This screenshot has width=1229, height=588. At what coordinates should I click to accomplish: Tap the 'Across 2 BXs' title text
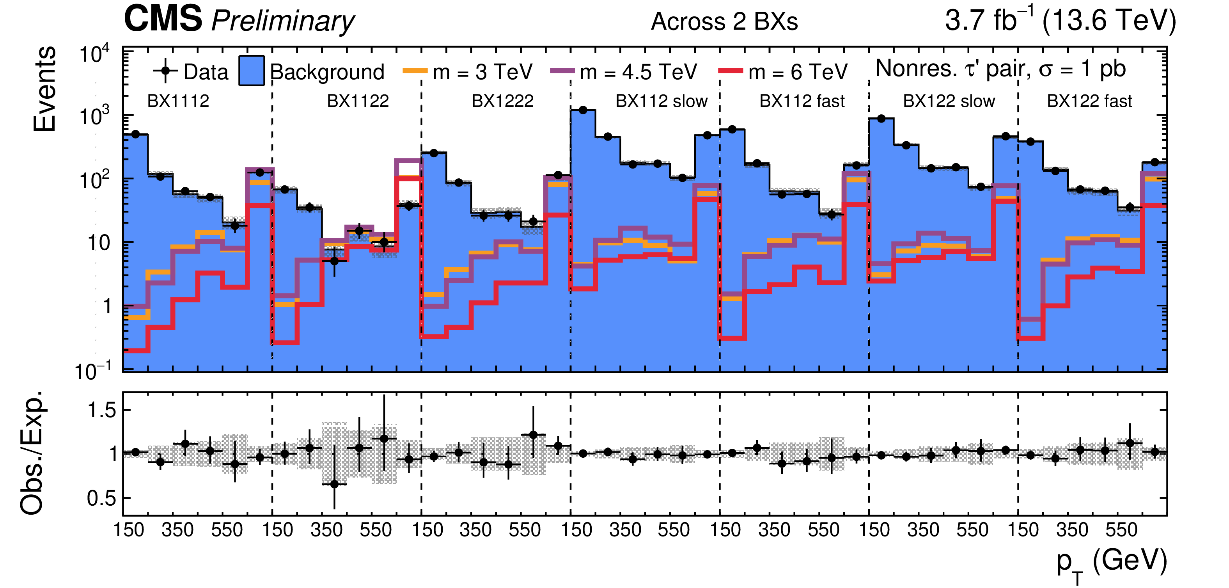(x=724, y=21)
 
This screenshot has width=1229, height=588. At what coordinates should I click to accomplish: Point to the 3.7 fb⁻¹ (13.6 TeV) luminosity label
(x=1060, y=20)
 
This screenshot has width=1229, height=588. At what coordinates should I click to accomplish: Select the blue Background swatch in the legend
(x=252, y=71)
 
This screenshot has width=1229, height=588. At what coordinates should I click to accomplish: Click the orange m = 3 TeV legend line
(x=415, y=71)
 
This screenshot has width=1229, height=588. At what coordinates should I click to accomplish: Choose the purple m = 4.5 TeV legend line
(x=562, y=71)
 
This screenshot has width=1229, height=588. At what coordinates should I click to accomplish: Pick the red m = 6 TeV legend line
(x=730, y=71)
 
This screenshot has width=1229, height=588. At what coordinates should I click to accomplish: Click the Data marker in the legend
(x=165, y=71)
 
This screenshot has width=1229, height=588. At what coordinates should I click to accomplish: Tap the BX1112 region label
(x=178, y=101)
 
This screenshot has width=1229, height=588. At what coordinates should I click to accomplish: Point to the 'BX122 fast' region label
(x=1089, y=101)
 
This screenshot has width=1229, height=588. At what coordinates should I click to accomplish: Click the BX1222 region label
(x=502, y=101)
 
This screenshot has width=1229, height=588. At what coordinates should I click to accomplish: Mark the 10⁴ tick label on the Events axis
(x=94, y=53)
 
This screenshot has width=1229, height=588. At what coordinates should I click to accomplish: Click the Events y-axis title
(x=44, y=89)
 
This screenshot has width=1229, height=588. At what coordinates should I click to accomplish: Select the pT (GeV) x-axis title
(x=1111, y=562)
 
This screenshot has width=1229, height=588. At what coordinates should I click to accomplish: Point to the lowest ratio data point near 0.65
(x=334, y=484)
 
